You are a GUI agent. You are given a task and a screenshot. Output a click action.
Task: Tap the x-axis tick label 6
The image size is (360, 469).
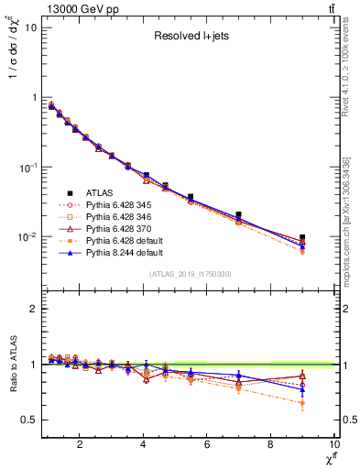pos(207,446)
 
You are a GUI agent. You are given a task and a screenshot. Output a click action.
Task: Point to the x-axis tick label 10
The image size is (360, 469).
pos(333,446)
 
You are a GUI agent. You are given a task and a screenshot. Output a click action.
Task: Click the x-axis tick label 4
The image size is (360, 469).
pos(144,446)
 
